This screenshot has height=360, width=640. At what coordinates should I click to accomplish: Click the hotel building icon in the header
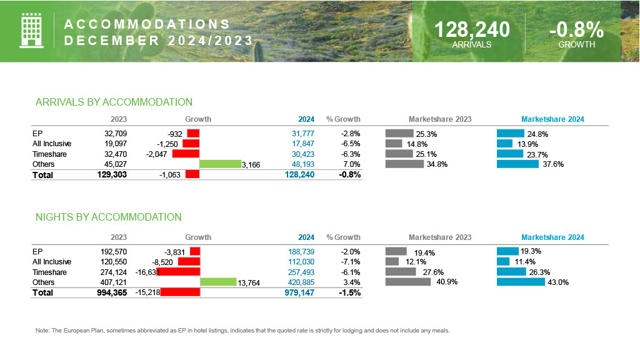[31, 30]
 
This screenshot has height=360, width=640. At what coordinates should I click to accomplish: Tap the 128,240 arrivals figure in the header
[472, 29]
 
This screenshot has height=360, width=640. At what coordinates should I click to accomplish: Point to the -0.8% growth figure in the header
[576, 29]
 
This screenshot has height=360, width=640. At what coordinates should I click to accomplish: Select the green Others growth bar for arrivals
[220, 164]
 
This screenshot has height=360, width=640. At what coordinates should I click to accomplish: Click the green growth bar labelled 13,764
[217, 282]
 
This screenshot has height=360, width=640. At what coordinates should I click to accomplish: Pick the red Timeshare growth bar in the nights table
[178, 272]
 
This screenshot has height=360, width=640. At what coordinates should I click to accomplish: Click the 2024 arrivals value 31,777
[303, 134]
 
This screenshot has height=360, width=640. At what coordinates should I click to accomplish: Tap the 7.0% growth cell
[351, 164]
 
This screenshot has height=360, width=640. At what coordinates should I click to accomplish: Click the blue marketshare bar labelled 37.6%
[517, 164]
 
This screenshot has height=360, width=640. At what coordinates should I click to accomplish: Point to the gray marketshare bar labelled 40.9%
[408, 282]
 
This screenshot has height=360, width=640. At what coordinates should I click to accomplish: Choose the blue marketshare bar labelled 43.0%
[521, 282]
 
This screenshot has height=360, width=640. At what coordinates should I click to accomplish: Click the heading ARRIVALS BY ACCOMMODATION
[114, 102]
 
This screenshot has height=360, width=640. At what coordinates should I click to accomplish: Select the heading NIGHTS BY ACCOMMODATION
[109, 217]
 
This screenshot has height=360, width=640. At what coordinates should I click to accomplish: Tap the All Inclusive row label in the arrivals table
[52, 144]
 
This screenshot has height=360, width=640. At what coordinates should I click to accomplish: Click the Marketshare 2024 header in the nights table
[552, 237]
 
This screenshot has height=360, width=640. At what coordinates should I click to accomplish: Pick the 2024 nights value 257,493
[301, 272]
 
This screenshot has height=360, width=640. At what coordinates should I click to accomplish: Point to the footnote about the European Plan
[243, 331]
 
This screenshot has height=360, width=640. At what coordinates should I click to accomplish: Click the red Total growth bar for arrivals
[192, 175]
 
